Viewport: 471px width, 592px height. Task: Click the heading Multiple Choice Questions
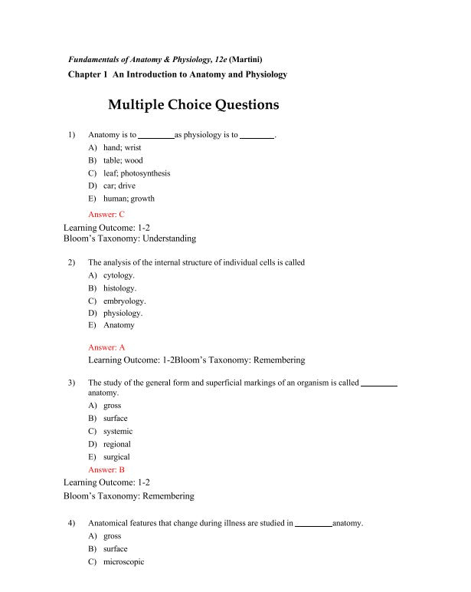click(x=193, y=105)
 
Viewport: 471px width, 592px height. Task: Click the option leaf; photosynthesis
click(x=136, y=173)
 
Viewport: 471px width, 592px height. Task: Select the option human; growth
click(x=129, y=199)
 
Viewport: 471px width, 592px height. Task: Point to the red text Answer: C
click(x=106, y=215)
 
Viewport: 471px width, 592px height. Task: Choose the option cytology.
click(x=119, y=275)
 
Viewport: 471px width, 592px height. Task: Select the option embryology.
click(x=124, y=301)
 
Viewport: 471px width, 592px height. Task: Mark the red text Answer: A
click(x=106, y=347)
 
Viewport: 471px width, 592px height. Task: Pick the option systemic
click(x=117, y=431)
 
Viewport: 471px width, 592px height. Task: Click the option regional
click(x=116, y=444)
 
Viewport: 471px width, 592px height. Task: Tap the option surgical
click(x=116, y=457)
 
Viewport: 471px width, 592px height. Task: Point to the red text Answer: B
click(x=106, y=469)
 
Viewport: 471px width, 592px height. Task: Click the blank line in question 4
click(x=313, y=524)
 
